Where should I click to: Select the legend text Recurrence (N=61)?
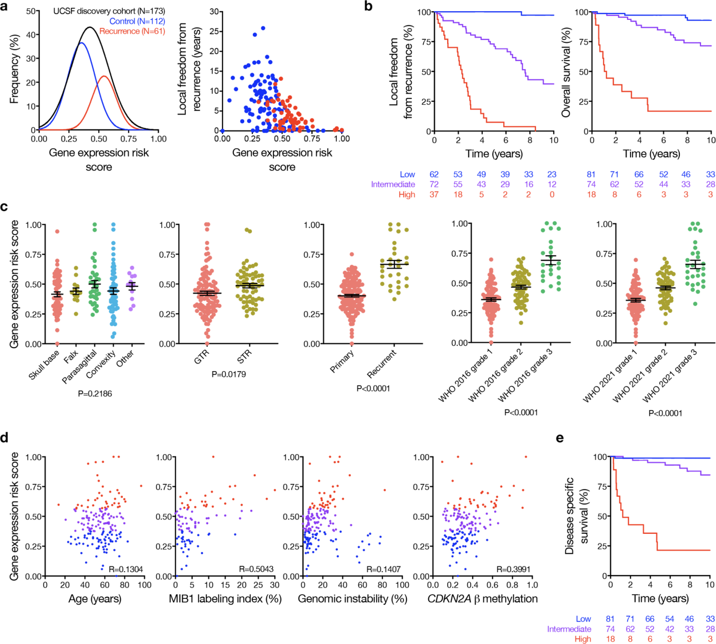132,31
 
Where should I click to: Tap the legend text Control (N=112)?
137,21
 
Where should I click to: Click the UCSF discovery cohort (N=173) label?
109,11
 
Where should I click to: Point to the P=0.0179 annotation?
229,374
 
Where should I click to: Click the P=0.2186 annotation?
95,394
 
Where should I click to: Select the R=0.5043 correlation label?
256,569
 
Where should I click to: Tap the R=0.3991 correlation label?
513,569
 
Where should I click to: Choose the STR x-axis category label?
244,357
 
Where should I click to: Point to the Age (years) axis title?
95,599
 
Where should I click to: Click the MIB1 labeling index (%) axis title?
225,599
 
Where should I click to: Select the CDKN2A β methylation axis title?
483,599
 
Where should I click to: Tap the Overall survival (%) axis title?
566,72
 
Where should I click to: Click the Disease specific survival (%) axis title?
576,516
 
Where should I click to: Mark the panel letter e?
560,438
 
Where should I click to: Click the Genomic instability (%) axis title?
352,599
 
